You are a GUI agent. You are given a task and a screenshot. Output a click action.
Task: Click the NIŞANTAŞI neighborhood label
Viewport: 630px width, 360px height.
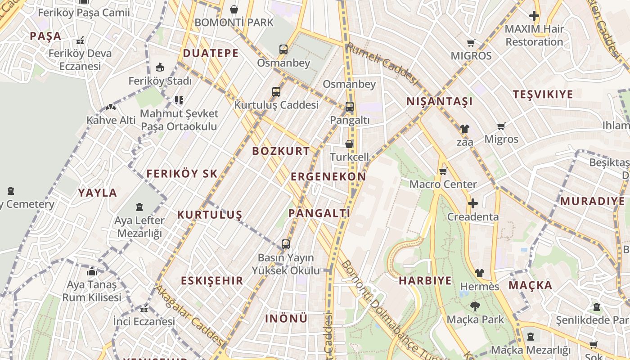440,101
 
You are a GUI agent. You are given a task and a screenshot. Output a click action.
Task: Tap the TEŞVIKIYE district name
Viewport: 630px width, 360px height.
543,94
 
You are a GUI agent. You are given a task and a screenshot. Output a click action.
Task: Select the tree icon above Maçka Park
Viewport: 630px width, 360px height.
474,307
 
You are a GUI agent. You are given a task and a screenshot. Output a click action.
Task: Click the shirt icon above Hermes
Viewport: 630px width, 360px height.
480,273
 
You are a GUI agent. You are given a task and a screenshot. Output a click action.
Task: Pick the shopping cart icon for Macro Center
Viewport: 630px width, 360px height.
443,171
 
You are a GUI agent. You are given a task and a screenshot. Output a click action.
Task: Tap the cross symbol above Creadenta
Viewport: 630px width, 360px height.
472,203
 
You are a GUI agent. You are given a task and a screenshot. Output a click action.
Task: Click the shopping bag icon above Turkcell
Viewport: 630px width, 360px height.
349,144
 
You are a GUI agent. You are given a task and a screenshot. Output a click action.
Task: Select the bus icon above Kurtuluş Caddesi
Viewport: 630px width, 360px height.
276,92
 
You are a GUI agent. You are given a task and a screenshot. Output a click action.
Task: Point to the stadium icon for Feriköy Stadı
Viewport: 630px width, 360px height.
159,67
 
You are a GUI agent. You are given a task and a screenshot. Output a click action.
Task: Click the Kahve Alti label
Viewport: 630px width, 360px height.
111,120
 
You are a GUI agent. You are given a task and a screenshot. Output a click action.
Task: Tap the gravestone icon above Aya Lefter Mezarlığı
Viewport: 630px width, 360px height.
139,207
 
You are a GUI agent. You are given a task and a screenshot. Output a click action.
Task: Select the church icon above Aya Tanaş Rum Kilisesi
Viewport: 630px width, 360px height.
92,271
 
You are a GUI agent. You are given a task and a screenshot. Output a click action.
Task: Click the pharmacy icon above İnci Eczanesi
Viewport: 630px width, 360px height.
144,309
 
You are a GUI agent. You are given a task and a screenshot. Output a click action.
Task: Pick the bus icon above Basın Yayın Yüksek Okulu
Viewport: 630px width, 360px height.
285,244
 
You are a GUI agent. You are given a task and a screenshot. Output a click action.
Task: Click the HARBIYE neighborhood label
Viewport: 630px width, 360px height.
425,281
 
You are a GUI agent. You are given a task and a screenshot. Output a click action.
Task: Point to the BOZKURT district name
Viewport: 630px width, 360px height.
281,151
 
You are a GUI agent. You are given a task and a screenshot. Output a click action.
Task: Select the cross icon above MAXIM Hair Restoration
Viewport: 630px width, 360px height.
534,16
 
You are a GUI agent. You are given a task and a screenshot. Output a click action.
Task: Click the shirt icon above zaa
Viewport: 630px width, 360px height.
465,129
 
